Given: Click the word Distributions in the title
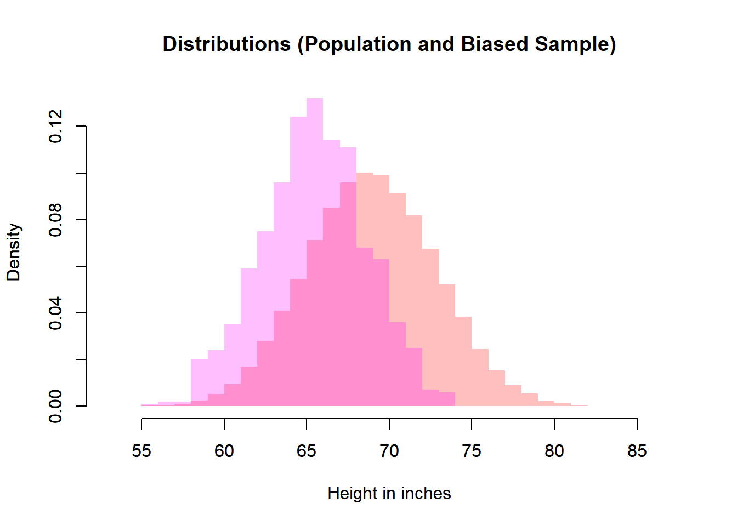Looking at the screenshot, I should (x=226, y=44).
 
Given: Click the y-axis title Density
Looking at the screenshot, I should (x=14, y=252).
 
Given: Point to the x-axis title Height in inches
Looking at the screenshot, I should (x=389, y=494).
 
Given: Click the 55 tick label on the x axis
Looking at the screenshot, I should (x=141, y=451).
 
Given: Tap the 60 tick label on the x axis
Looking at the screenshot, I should (x=224, y=451).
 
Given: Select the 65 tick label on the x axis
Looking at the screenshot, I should (x=307, y=451).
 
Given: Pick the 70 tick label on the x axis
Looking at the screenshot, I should (x=389, y=451).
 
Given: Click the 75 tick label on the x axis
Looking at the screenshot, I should (x=472, y=451).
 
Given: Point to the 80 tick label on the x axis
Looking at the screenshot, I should (x=554, y=451).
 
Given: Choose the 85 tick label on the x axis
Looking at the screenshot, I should (x=637, y=451).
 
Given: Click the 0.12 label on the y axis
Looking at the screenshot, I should (x=56, y=127).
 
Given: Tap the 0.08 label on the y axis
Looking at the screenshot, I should (x=56, y=220).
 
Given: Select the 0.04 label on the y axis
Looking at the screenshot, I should (x=56, y=313).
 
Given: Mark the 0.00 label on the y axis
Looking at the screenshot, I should (x=56, y=406).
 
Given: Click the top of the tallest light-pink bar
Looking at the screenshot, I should (x=315, y=99).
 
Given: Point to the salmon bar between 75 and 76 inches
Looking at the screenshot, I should (x=480, y=378).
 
